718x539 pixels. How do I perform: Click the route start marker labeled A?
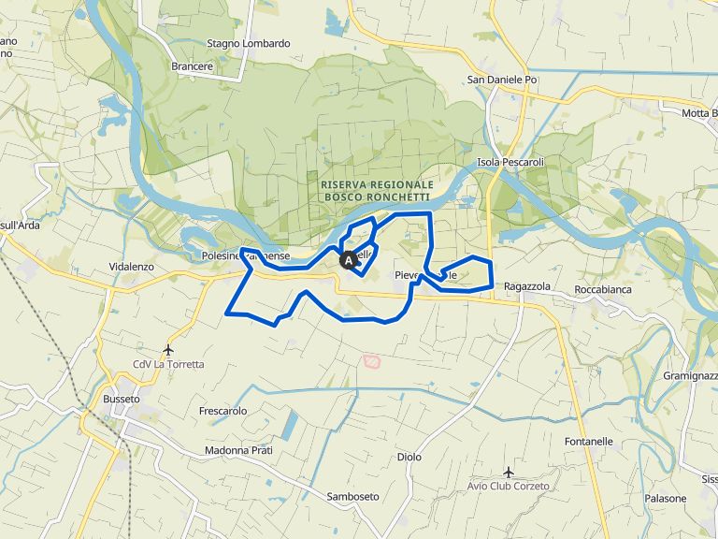(347, 260)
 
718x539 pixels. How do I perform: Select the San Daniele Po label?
(503, 80)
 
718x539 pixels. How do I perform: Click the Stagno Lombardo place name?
(248, 43)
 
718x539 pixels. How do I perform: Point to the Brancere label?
(193, 66)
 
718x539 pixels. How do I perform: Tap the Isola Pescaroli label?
(510, 162)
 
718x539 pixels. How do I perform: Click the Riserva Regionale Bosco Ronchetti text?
(376, 191)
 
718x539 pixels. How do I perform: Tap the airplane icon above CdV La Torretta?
(168, 349)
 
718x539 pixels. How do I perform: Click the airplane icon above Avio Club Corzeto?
(508, 472)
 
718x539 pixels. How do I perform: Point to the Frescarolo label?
(223, 411)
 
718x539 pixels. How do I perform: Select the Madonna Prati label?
(238, 450)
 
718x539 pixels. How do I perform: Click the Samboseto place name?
(353, 496)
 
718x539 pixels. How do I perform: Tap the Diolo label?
(409, 457)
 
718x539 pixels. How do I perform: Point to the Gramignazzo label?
(690, 374)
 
